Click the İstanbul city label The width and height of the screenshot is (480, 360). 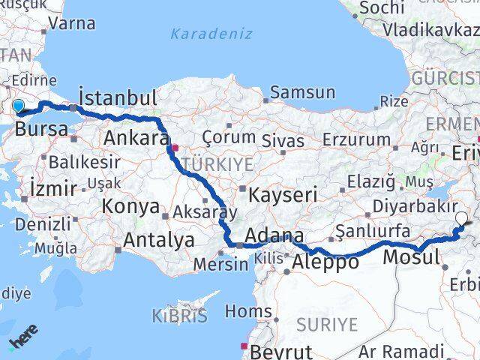click(x=118, y=98)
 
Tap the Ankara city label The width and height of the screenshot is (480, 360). click(x=136, y=138)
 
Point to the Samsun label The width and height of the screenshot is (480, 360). click(x=302, y=92)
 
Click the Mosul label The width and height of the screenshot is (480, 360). click(x=411, y=258)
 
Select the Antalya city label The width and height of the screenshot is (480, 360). click(x=158, y=241)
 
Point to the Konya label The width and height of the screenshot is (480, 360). click(x=132, y=207)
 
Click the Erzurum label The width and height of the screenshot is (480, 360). click(x=356, y=139)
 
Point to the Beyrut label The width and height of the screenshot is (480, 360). click(x=281, y=351)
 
